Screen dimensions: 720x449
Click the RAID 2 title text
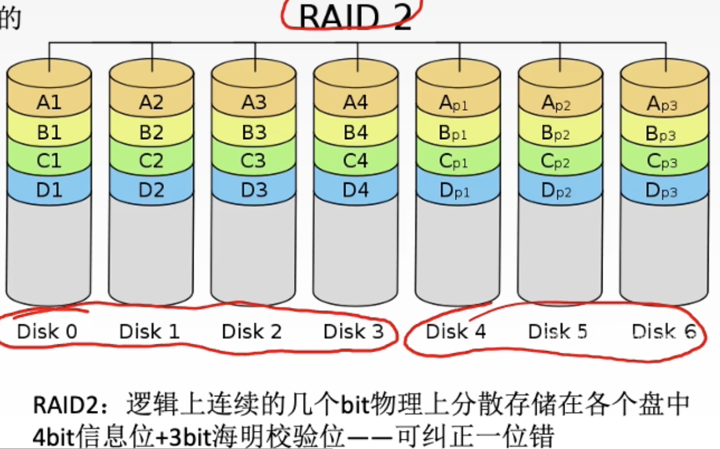coord(355,17)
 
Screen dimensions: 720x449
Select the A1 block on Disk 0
coord(49,102)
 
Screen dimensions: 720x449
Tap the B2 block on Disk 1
coord(151,133)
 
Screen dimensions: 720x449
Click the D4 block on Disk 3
coord(355,189)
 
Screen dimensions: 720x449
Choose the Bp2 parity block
coord(560,133)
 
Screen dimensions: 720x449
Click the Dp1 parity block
coord(458,190)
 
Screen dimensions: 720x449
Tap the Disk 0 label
coord(47,331)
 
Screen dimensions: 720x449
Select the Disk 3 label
coord(353,331)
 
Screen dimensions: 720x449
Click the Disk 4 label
coord(456,331)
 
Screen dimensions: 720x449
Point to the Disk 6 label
coord(664,331)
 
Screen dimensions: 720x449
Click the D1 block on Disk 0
coord(49,189)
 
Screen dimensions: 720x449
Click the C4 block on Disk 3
coord(355,161)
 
